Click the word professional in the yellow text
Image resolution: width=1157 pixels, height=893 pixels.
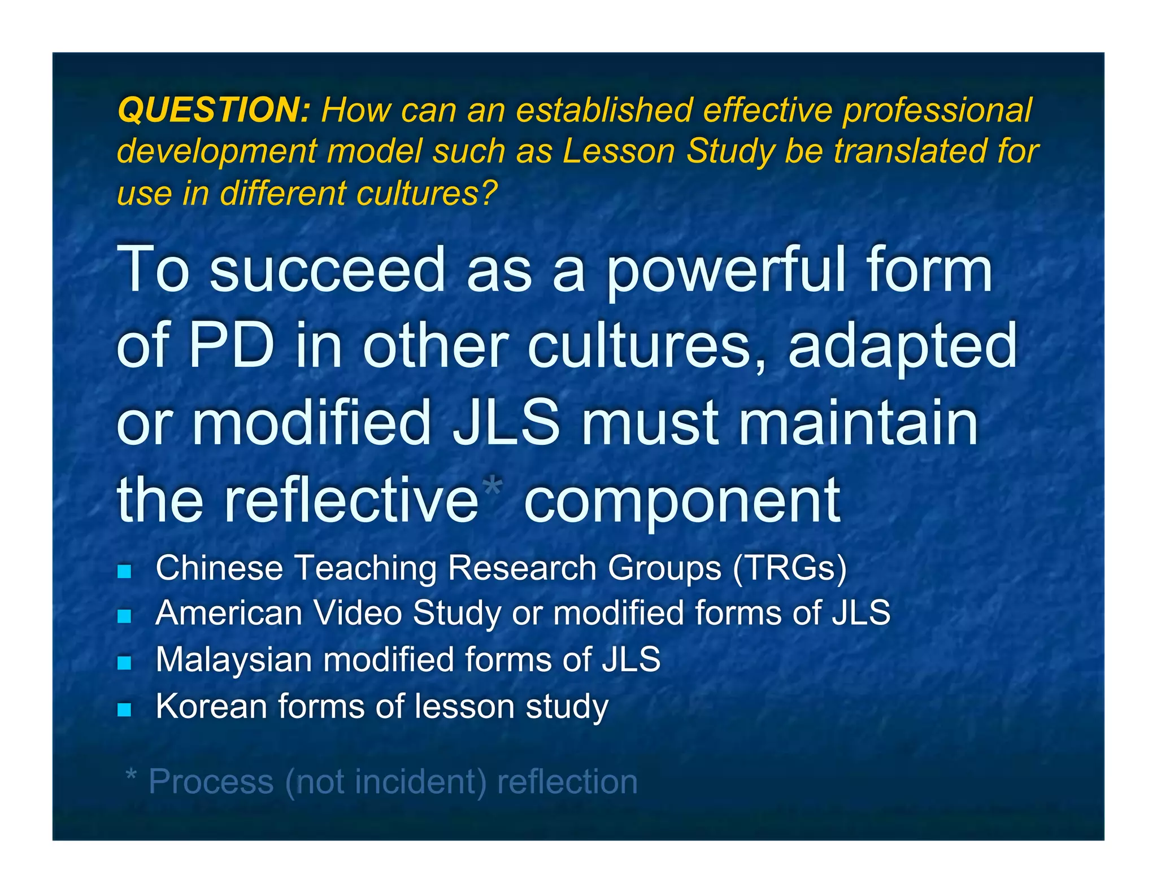click(937, 110)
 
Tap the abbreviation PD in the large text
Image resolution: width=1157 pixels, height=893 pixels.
click(232, 346)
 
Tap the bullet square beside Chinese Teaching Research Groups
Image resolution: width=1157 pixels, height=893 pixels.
click(124, 571)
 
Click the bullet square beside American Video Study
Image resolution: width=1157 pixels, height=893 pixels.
click(124, 616)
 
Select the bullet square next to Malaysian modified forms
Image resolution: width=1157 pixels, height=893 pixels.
click(124, 663)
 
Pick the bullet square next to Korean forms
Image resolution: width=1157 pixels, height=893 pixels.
click(124, 710)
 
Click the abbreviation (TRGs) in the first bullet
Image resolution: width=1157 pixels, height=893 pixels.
click(790, 568)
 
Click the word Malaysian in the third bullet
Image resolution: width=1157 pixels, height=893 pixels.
click(234, 660)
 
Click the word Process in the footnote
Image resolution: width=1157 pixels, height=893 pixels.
click(211, 782)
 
